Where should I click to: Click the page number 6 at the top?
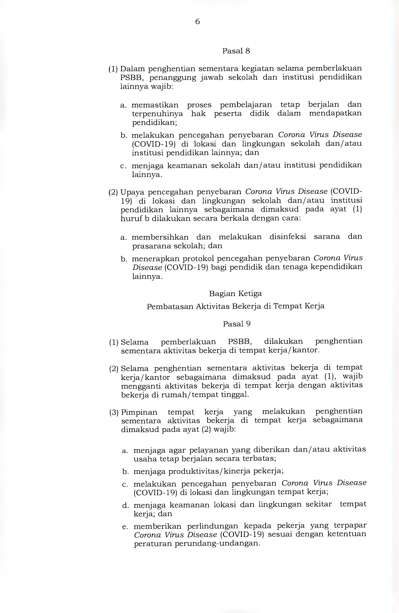pyautogui.click(x=197, y=22)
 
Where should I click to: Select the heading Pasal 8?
pyautogui.click(x=236, y=51)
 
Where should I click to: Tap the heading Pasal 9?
pyautogui.click(x=237, y=324)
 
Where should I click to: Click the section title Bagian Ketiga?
pyautogui.click(x=235, y=294)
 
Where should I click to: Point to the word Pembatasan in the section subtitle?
pyautogui.click(x=170, y=306)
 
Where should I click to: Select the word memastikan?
pyautogui.click(x=155, y=105)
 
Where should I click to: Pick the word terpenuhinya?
pyautogui.click(x=157, y=113)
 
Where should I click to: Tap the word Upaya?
pyautogui.click(x=132, y=192)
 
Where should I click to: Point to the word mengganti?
pyautogui.click(x=140, y=386)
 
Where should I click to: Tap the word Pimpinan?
pyautogui.click(x=139, y=412)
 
